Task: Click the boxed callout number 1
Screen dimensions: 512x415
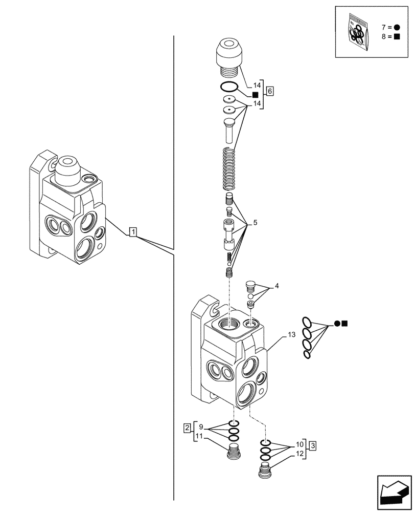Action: (132, 233)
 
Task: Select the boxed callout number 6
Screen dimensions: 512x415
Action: (270, 91)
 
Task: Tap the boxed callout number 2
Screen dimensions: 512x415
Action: (188, 426)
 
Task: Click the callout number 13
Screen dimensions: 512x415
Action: (291, 335)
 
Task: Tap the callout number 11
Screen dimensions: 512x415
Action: (199, 436)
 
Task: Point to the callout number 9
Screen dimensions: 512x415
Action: (201, 426)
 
